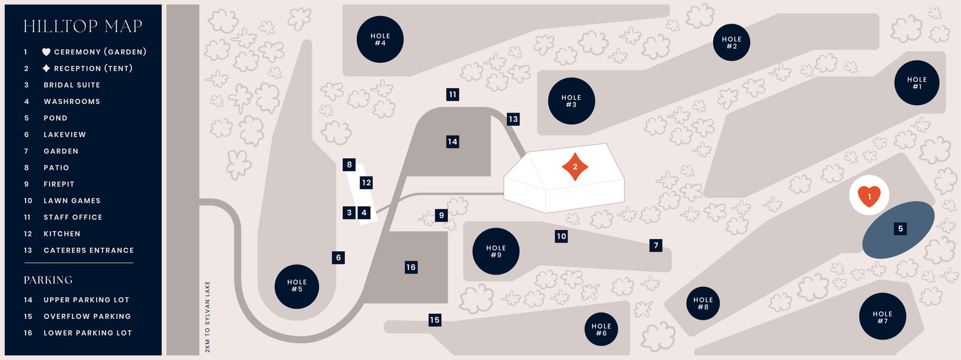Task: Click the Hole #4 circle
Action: (380, 39)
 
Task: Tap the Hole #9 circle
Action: (496, 252)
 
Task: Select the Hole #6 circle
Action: (601, 329)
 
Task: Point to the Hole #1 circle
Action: (917, 83)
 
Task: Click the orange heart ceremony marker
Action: (869, 197)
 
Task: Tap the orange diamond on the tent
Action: (575, 167)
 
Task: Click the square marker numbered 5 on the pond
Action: (901, 229)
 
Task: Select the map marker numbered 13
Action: (513, 119)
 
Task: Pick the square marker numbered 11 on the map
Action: (452, 94)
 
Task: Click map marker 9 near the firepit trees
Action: (441, 215)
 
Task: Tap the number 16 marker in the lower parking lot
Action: (411, 267)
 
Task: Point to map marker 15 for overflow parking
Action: (434, 320)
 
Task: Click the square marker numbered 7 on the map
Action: (655, 245)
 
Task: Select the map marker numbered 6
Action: (338, 258)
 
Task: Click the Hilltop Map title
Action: (83, 26)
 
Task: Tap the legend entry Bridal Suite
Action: (72, 85)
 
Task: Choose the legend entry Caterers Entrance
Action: (89, 250)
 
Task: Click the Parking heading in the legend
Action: (48, 280)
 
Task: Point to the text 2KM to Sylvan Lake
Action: (208, 316)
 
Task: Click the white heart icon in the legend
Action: (46, 52)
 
